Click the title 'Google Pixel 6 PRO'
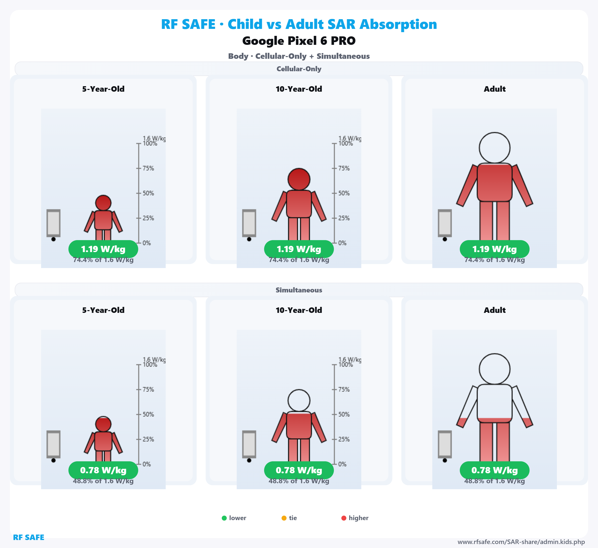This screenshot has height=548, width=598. pyautogui.click(x=299, y=41)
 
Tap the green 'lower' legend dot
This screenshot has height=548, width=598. pyautogui.click(x=224, y=518)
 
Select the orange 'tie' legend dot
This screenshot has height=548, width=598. pyautogui.click(x=284, y=518)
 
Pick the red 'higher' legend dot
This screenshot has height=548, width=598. pyautogui.click(x=344, y=518)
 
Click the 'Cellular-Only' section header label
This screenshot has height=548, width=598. pyautogui.click(x=299, y=69)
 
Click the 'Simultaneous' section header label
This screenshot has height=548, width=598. pyautogui.click(x=299, y=290)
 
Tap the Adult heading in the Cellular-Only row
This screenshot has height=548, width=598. pyautogui.click(x=495, y=89)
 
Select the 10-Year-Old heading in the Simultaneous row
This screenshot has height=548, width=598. pyautogui.click(x=299, y=310)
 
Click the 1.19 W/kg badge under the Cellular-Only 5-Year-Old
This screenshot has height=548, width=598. pyautogui.click(x=103, y=249)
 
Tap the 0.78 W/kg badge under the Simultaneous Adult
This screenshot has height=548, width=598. pyautogui.click(x=495, y=470)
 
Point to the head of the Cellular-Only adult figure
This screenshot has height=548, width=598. pyautogui.click(x=495, y=148)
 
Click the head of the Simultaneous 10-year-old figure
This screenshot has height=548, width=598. pyautogui.click(x=299, y=400)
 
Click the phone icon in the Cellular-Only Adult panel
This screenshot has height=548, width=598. pyautogui.click(x=445, y=223)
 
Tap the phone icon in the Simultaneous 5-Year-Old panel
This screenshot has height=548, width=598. pyautogui.click(x=53, y=444)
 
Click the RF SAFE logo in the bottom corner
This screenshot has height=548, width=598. pyautogui.click(x=28, y=537)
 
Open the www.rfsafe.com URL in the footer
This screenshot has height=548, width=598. pyautogui.click(x=521, y=542)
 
